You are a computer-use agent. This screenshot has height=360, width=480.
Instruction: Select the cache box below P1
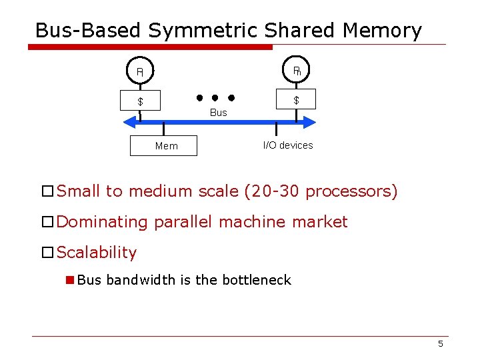(141, 101)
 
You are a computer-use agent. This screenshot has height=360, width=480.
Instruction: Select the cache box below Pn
(296, 100)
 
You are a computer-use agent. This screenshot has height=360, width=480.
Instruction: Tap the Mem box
(167, 146)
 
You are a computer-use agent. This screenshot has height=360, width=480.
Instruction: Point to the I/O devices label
(288, 145)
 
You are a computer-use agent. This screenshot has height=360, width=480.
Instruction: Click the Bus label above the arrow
(219, 113)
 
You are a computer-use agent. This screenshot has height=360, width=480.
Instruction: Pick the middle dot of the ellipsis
(215, 98)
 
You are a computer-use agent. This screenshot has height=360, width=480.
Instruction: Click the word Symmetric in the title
(204, 31)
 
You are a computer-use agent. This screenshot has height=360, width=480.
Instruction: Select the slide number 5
(440, 343)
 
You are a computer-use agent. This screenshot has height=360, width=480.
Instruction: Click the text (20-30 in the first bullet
(272, 191)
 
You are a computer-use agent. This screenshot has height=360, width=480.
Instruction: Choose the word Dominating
(103, 222)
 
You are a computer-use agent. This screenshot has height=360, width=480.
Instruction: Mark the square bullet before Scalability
(48, 253)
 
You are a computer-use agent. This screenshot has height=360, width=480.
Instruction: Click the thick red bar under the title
(151, 47)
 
